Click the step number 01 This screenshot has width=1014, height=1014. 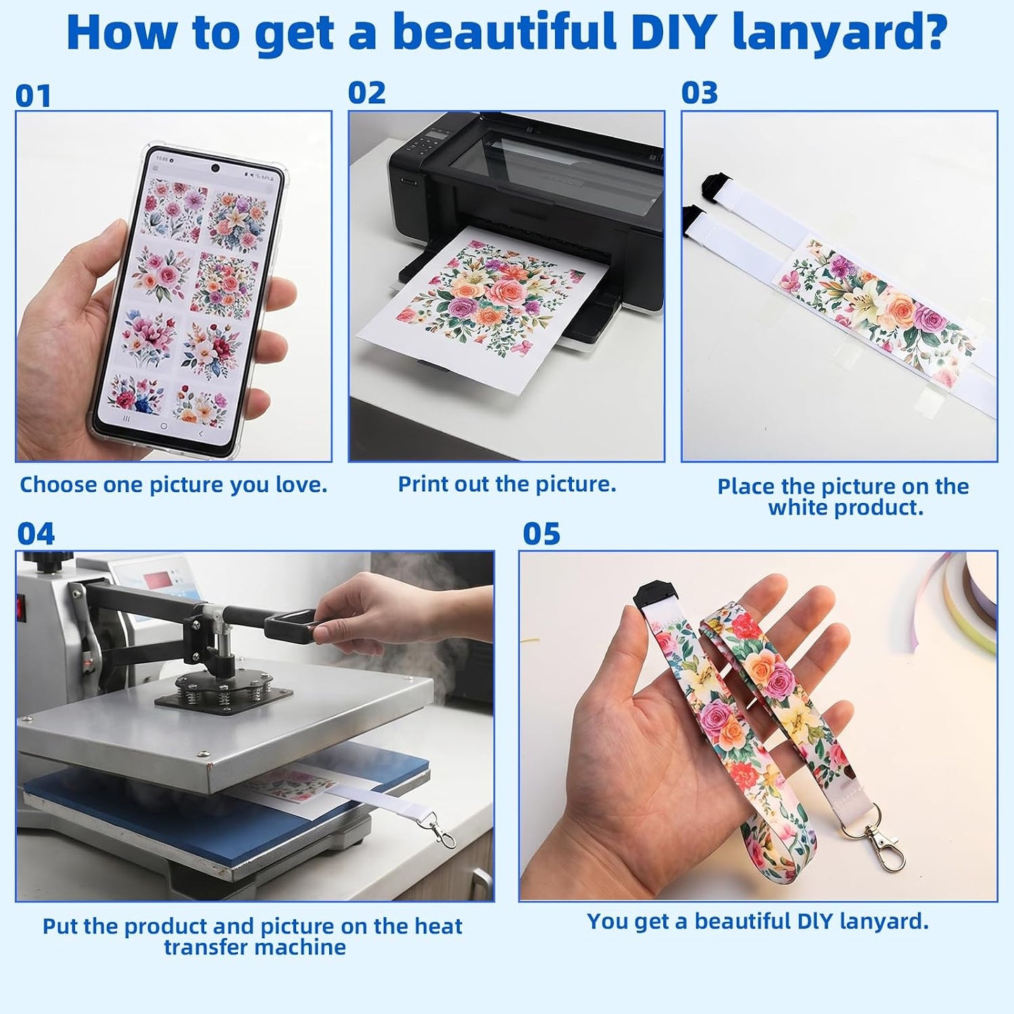pos(33,95)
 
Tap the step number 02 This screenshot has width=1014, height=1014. pos(367,93)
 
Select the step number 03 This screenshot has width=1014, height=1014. pos(700,93)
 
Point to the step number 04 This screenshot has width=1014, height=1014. pos(36,533)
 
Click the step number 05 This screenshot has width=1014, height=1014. pos(542,533)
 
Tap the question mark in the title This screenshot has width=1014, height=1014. pos(930,32)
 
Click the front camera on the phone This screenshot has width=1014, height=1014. pos(215,168)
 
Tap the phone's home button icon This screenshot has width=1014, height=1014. pos(163,425)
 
